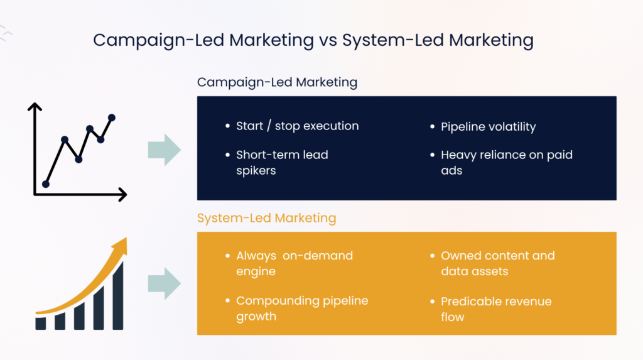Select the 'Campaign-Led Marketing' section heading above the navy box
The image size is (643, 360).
click(277, 82)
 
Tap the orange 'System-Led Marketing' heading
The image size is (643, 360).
click(266, 219)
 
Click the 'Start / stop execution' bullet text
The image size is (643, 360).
click(297, 126)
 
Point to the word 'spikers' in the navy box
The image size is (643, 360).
click(257, 170)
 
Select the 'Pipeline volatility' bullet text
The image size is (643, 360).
click(488, 126)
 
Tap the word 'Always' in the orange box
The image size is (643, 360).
click(256, 256)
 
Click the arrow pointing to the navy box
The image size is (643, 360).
click(164, 150)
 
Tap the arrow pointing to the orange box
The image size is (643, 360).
click(164, 283)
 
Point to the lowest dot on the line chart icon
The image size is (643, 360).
click(45, 184)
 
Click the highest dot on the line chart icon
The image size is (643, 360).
click(112, 117)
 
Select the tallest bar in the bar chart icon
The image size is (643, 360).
click(117, 295)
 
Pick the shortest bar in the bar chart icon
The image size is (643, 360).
click(41, 323)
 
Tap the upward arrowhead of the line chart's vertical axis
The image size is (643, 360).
click(35, 107)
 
